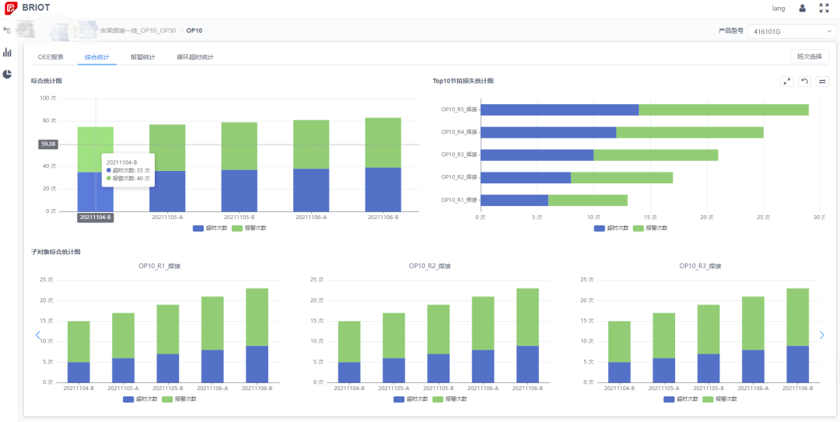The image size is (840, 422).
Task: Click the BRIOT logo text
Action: click(x=36, y=8)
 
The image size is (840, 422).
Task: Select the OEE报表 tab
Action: click(x=51, y=57)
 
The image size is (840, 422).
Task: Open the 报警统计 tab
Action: click(x=142, y=57)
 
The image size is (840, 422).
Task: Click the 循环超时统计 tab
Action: click(x=194, y=57)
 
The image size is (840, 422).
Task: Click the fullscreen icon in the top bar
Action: click(x=824, y=8)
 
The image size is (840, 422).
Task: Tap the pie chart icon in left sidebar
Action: click(x=7, y=74)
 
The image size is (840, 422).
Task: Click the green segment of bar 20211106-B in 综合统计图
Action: click(x=383, y=143)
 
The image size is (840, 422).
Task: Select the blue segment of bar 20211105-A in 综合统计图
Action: click(x=167, y=190)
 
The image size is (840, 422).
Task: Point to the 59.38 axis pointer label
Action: click(x=48, y=144)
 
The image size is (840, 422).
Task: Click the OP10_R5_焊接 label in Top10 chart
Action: click(x=459, y=110)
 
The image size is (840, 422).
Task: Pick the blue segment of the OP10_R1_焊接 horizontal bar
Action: click(x=514, y=201)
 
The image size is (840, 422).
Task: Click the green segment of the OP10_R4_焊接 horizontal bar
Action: click(x=689, y=132)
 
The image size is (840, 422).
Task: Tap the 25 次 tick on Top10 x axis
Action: click(x=763, y=217)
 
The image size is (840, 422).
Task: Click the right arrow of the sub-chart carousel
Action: click(x=822, y=335)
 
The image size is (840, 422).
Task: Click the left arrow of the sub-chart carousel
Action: click(x=37, y=335)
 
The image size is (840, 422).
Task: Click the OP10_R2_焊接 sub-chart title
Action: click(x=429, y=266)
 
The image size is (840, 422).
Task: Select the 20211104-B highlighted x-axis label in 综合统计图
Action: click(x=95, y=218)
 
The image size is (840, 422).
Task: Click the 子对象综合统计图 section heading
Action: click(x=55, y=252)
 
